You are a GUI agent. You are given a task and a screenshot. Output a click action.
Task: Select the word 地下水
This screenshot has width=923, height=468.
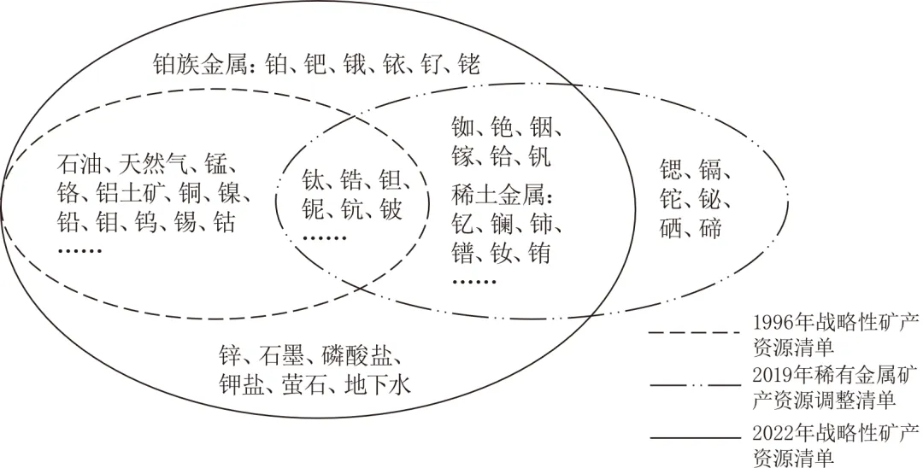coord(379,385)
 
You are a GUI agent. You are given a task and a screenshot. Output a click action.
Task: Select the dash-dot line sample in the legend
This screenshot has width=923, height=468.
coord(693,384)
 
